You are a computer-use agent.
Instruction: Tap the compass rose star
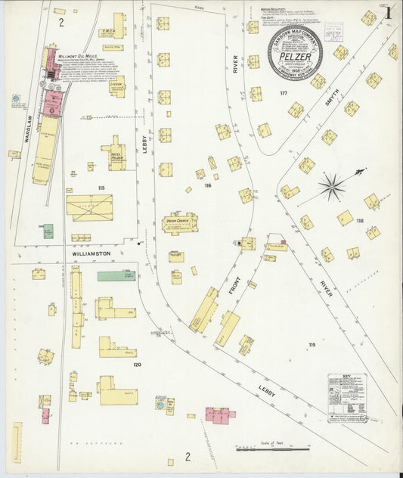pyautogui.click(x=331, y=186)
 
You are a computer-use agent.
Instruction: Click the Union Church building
pyautogui.click(x=180, y=223)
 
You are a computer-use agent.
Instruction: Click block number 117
pyautogui.click(x=284, y=93)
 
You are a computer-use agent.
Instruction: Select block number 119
pyautogui.click(x=311, y=345)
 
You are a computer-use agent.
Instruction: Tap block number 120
pyautogui.click(x=137, y=365)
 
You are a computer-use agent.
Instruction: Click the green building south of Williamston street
pyautogui.click(x=116, y=276)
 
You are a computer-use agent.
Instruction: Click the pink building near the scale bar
pyautogui.click(x=219, y=414)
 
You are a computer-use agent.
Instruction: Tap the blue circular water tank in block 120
pyautogui.click(x=160, y=405)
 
